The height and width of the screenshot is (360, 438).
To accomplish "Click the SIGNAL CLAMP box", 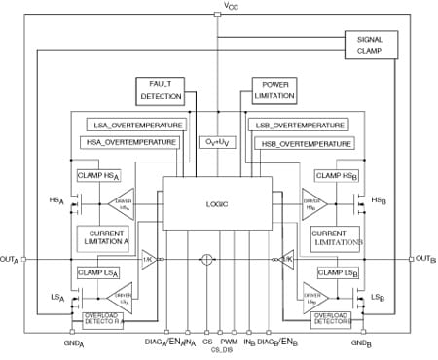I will pyautogui.click(x=371, y=45).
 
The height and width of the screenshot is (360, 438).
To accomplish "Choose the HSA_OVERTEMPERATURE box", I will pyautogui.click(x=129, y=142).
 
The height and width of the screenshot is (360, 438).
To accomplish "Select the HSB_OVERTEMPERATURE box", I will pyautogui.click(x=301, y=143).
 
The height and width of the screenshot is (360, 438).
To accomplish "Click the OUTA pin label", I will pyautogui.click(x=11, y=259).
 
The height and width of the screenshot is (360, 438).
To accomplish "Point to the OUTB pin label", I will pyautogui.click(x=425, y=259).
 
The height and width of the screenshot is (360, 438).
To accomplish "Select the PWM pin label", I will pyautogui.click(x=229, y=343).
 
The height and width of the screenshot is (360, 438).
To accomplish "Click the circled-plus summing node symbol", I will pyautogui.click(x=206, y=259).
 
